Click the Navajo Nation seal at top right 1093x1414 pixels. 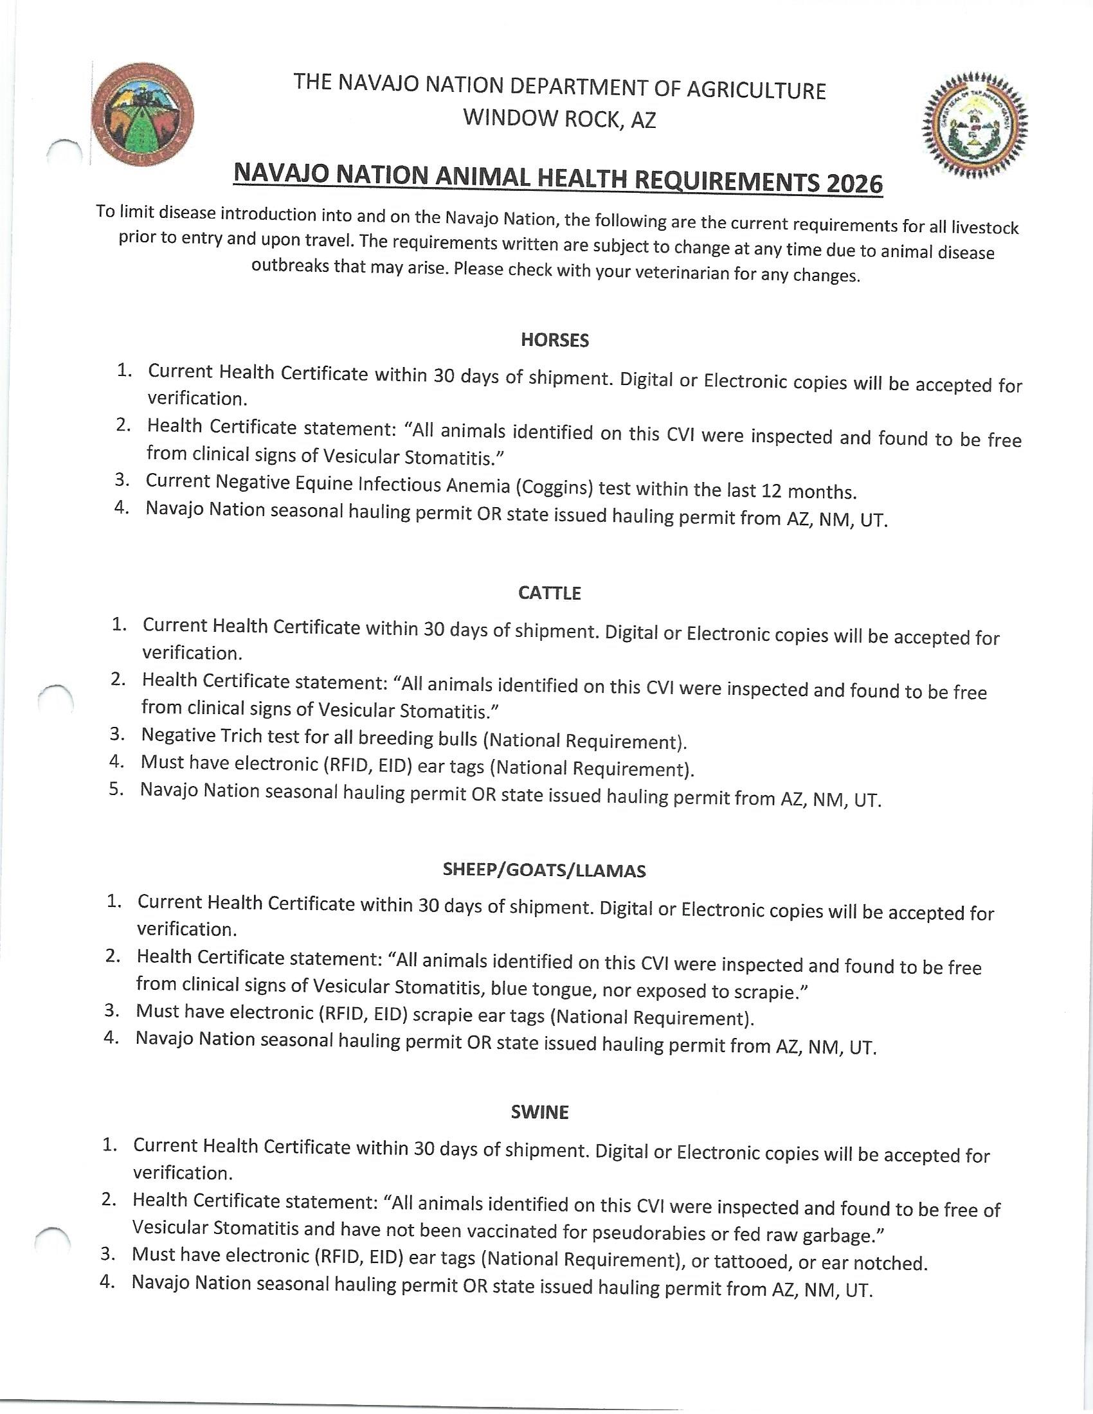point(975,124)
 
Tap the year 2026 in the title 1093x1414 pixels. point(854,184)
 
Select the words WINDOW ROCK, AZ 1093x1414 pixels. point(559,118)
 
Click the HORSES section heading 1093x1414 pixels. point(555,341)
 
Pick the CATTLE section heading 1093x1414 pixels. point(550,593)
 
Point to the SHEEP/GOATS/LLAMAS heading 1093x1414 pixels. point(544,870)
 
